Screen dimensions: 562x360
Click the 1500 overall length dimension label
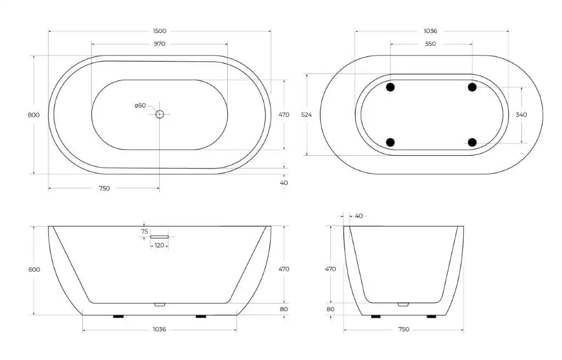pos(160,31)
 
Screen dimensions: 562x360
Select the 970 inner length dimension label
pos(160,44)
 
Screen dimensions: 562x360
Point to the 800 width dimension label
pos(33,115)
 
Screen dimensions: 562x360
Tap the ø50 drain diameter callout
pos(140,105)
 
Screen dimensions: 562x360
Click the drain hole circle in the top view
pos(160,114)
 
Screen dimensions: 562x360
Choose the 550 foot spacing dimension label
pos(430,44)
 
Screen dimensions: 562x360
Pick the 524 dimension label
pos(306,115)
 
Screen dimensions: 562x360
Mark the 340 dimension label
pos(521,115)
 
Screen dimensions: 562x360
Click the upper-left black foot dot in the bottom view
pos(390,87)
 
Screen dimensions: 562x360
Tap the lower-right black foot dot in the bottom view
pos(473,142)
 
